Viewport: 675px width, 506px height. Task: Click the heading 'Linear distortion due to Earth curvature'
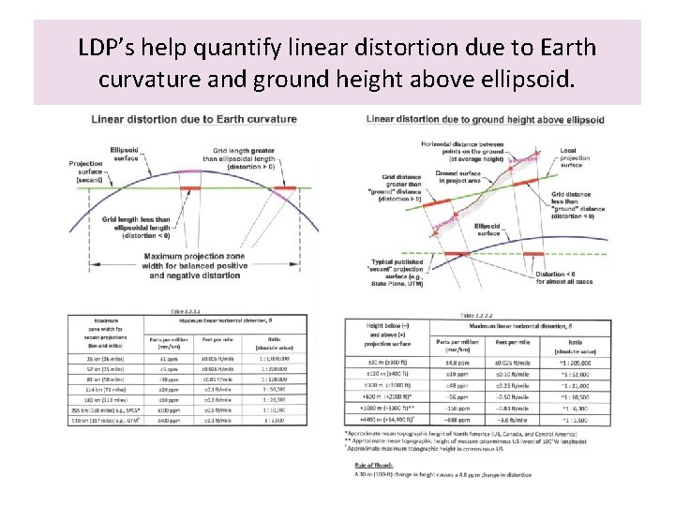pos(194,119)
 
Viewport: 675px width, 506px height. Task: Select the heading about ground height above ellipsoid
pos(485,120)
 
